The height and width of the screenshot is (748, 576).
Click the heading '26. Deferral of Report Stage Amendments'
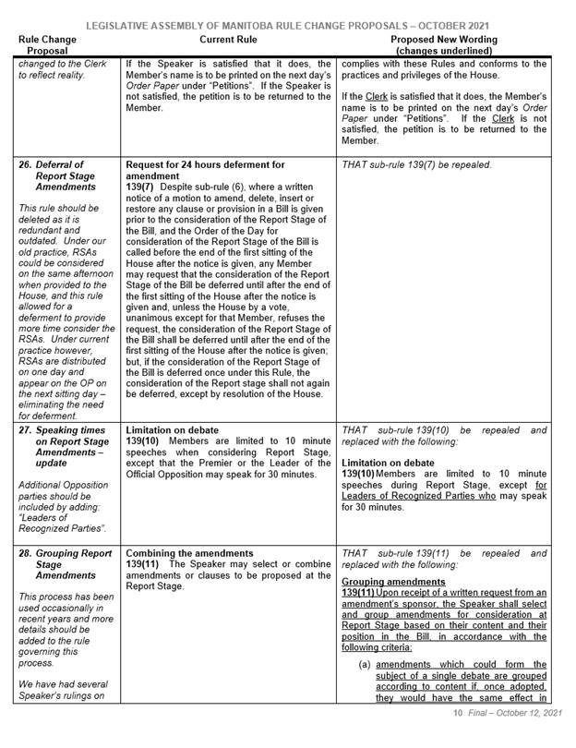tap(60, 176)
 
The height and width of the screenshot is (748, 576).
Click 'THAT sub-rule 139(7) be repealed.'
tap(416, 164)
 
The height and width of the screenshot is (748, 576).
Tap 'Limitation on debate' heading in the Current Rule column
tap(173, 430)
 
